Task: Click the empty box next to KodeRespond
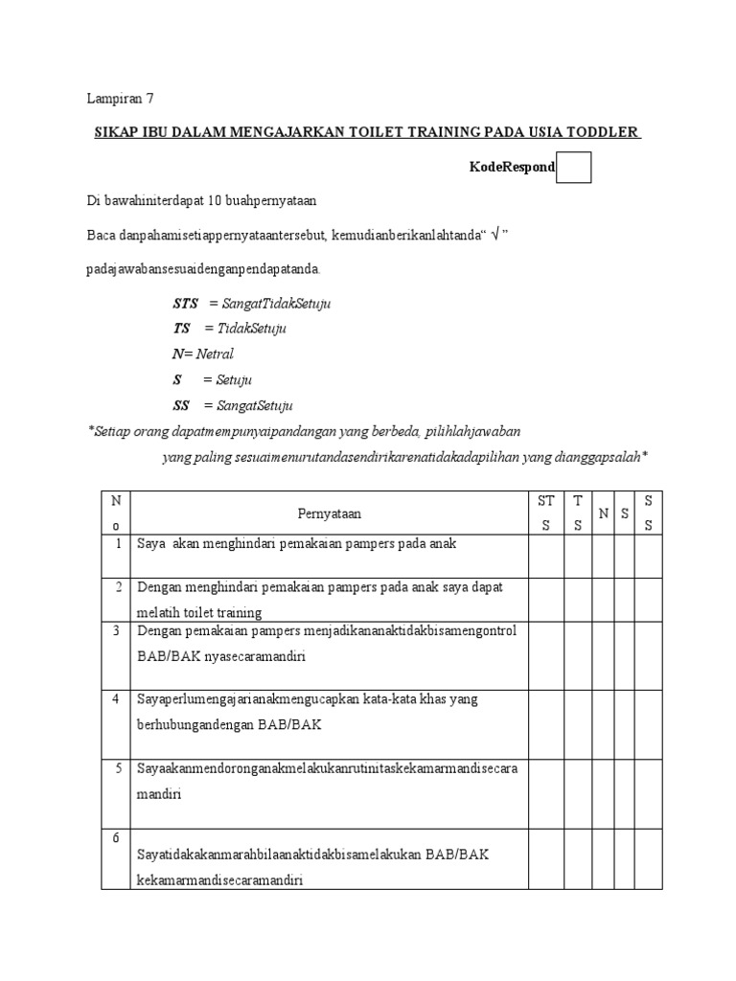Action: [573, 167]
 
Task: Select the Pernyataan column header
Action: [329, 513]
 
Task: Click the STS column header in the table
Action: [546, 513]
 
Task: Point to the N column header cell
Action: [603, 513]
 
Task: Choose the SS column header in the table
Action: [649, 513]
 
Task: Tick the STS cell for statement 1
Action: [546, 556]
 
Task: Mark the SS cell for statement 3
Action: [649, 654]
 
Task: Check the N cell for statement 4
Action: [603, 723]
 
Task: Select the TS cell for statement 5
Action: [577, 793]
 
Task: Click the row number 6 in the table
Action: [115, 837]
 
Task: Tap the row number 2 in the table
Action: [115, 587]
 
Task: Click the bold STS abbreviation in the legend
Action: [185, 303]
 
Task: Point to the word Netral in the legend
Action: [215, 354]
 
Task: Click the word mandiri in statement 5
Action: [159, 794]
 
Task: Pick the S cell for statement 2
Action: [625, 599]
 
